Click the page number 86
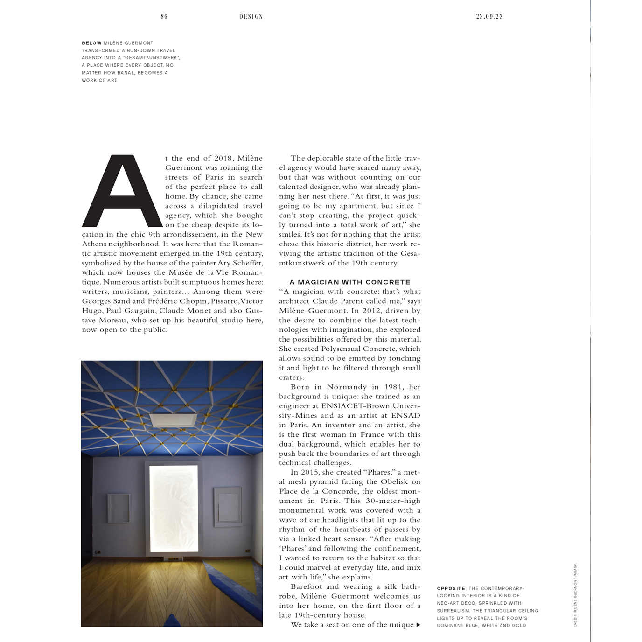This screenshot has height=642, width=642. (164, 16)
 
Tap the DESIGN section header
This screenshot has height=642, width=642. (251, 16)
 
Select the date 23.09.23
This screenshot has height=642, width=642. (489, 16)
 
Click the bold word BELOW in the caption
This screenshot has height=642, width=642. (91, 43)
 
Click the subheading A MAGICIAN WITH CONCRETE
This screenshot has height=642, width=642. (350, 282)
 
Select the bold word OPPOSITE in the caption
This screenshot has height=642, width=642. (451, 588)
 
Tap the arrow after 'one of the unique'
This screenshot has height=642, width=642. (418, 625)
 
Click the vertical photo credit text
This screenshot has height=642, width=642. (575, 595)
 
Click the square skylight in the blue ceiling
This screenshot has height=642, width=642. (174, 419)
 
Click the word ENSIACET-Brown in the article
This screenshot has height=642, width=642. (355, 406)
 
